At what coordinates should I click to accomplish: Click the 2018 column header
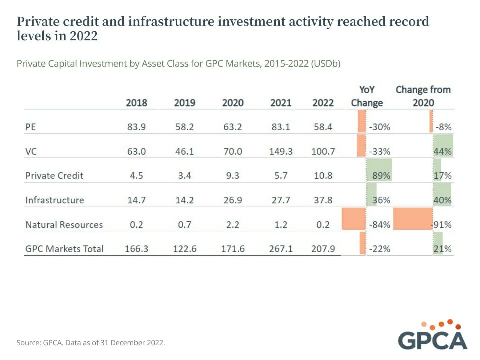coord(136,103)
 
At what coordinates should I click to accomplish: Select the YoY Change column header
coord(367,96)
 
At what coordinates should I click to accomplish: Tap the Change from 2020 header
coord(423,96)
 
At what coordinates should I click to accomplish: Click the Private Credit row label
coord(54,176)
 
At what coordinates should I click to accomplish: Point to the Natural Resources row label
coord(64,225)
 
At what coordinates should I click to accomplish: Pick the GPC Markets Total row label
coord(64,249)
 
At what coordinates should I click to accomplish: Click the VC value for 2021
coord(281,151)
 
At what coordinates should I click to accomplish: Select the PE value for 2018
coord(136,127)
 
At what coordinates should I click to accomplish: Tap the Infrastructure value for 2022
coord(323,200)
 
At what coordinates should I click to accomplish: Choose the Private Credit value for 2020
coord(233,176)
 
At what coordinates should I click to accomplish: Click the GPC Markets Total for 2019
coord(184,249)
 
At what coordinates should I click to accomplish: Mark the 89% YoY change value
coord(380,176)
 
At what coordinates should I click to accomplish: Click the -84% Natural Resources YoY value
coord(379,225)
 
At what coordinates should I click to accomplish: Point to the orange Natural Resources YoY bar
coord(353,219)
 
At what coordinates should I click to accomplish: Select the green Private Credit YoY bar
coord(378,170)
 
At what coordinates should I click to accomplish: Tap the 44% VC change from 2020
coord(444,151)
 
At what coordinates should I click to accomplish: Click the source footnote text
coord(90,343)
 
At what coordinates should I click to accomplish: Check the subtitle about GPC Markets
coord(178,64)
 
